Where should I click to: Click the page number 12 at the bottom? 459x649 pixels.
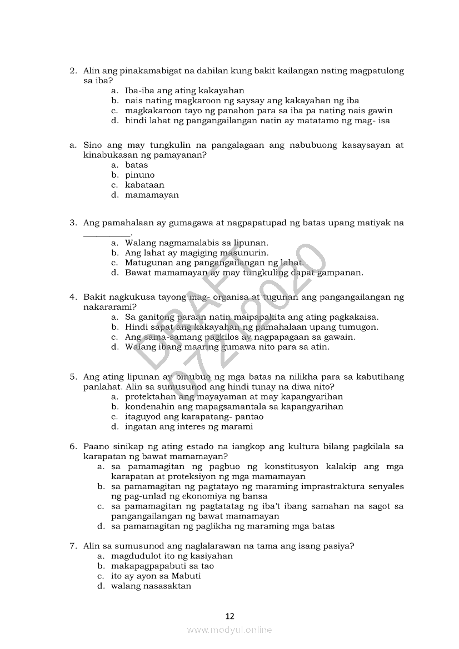pyautogui.click(x=229, y=616)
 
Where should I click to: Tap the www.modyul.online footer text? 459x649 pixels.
pyautogui.click(x=229, y=630)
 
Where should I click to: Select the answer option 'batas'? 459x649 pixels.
pyautogui.click(x=136, y=165)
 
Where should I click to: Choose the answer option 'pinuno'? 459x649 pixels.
pyautogui.click(x=139, y=175)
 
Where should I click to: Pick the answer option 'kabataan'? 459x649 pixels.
pyautogui.click(x=144, y=185)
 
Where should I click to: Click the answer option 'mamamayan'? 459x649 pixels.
pyautogui.click(x=152, y=195)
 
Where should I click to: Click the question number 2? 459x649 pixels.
pyautogui.click(x=73, y=71)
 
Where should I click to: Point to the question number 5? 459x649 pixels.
pyautogui.click(x=73, y=376)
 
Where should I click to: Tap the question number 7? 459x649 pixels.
pyautogui.click(x=73, y=546)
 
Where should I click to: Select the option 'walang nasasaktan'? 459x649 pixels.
pyautogui.click(x=151, y=586)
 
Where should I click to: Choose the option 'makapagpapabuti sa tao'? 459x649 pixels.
pyautogui.click(x=162, y=566)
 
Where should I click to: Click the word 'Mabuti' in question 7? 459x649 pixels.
pyautogui.click(x=186, y=576)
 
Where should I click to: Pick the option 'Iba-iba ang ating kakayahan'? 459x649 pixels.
pyautogui.click(x=184, y=90)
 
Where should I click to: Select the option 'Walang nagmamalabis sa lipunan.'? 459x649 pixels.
pyautogui.click(x=197, y=243)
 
